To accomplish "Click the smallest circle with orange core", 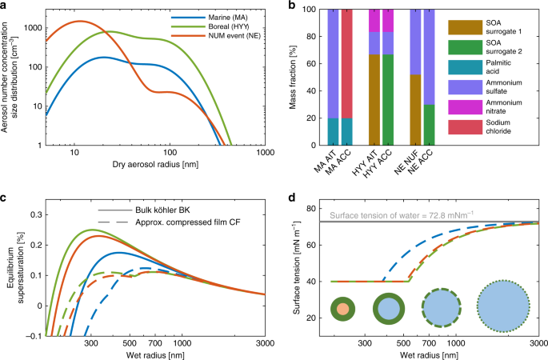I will pyautogui.click(x=342, y=308).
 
